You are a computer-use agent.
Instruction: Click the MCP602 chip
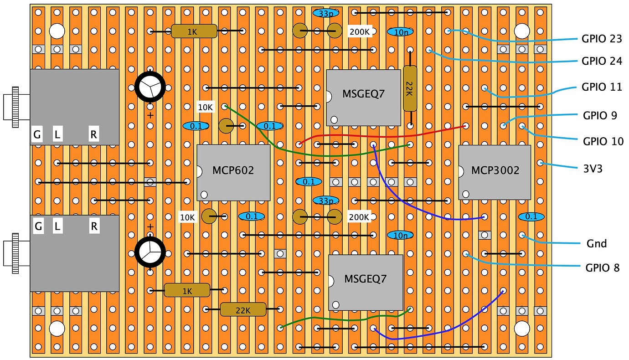233,172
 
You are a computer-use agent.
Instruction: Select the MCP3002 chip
495,172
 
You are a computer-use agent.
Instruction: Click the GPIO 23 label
602,39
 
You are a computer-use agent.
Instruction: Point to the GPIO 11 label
602,87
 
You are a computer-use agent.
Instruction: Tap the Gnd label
597,243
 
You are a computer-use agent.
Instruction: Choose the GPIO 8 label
602,267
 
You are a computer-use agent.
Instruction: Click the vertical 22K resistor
410,88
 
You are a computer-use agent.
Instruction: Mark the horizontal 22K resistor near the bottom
243,309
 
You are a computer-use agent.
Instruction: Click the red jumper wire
383,135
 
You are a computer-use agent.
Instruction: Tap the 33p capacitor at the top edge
326,14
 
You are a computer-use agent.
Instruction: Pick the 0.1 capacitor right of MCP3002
531,216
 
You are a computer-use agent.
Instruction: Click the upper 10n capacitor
401,32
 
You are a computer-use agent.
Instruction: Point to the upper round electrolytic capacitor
150,87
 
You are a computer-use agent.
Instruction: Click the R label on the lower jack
94,226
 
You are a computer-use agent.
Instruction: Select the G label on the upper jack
37,135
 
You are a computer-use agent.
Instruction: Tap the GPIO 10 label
603,141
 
